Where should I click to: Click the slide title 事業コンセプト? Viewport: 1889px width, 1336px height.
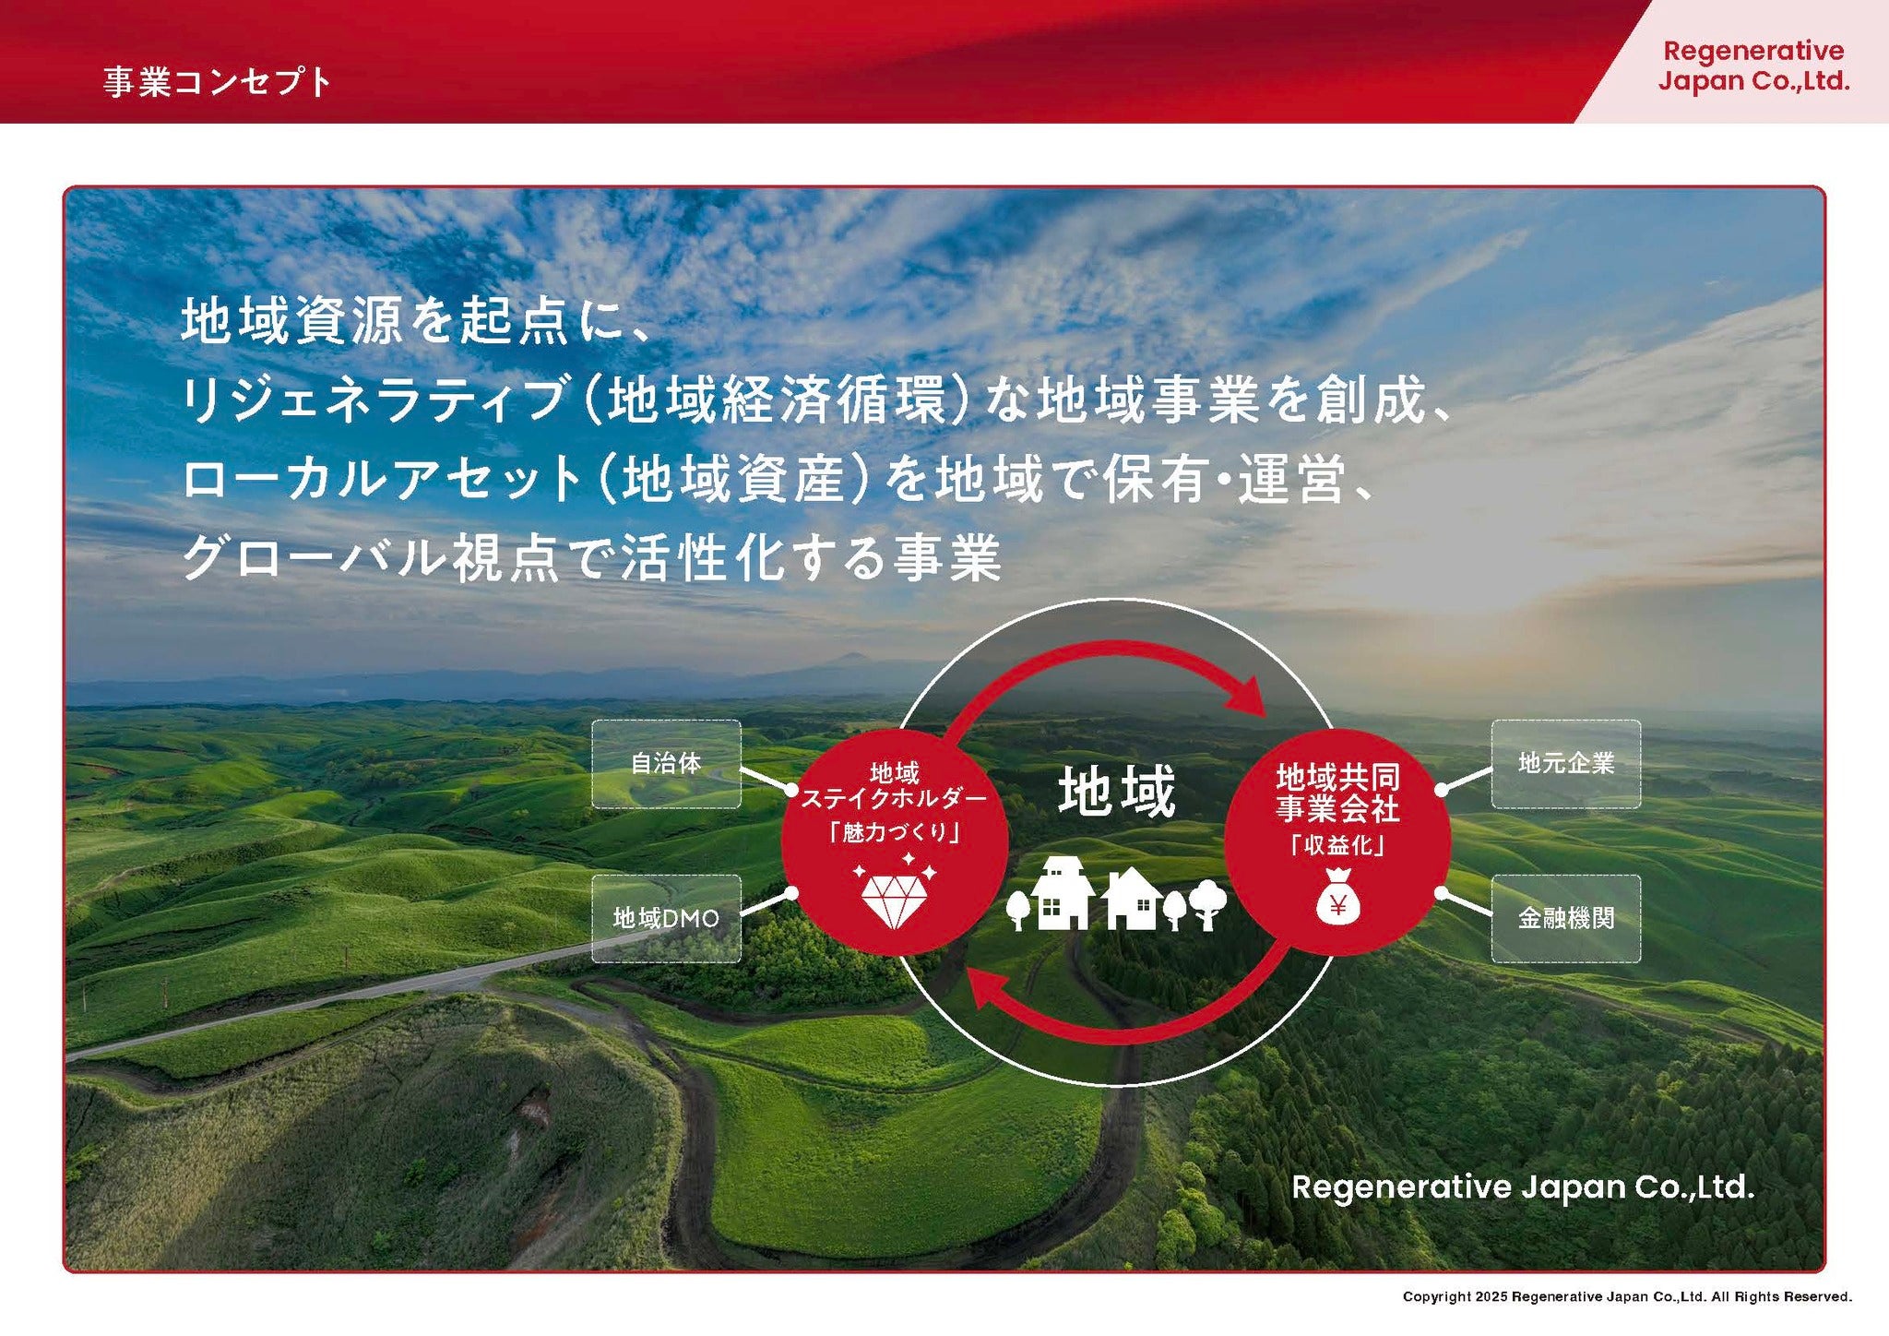(x=217, y=82)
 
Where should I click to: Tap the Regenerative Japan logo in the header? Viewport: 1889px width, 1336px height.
(x=1753, y=66)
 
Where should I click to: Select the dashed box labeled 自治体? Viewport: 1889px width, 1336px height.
(x=666, y=764)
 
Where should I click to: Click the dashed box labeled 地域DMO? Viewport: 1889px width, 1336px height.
(x=666, y=918)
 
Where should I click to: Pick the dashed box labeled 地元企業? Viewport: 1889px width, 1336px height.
(x=1566, y=764)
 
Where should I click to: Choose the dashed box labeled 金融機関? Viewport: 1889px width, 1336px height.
(x=1566, y=918)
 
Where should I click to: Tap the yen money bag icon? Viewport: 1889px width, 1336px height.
(x=1338, y=897)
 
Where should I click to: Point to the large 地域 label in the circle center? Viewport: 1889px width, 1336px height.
(x=1117, y=792)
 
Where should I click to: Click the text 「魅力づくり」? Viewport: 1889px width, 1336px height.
(x=895, y=832)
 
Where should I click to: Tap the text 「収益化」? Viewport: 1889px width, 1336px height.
(x=1338, y=845)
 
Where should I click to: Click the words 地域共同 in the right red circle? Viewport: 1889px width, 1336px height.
(x=1338, y=777)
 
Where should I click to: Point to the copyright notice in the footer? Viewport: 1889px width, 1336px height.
(x=1627, y=1296)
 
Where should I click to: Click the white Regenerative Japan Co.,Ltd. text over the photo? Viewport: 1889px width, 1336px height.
(x=1523, y=1187)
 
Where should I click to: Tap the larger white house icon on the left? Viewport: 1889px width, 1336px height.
(x=1063, y=892)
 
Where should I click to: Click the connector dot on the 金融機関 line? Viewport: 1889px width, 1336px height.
(x=1441, y=892)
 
